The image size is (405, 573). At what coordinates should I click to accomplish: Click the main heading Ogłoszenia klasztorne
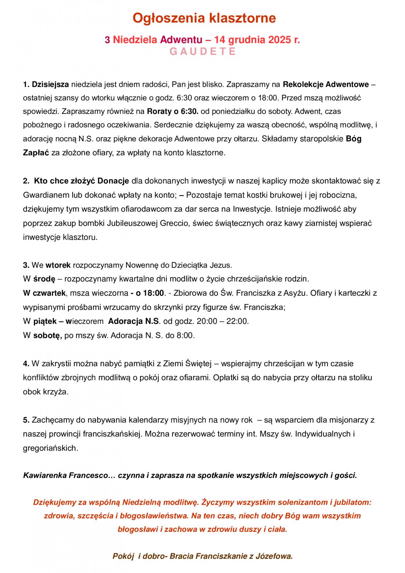coord(204,18)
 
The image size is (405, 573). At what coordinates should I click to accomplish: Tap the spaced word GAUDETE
coord(202,52)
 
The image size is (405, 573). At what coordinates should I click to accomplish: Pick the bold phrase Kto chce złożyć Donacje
coord(81,181)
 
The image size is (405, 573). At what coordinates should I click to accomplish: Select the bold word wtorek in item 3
coord(58,265)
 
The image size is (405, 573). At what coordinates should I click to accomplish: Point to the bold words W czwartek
coord(44,293)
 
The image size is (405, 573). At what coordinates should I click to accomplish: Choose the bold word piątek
coord(45,321)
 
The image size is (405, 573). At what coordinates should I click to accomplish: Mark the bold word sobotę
coord(47,335)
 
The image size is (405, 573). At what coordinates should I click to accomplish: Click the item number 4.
coord(26,364)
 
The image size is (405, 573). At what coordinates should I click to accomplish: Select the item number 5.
coord(26,420)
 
